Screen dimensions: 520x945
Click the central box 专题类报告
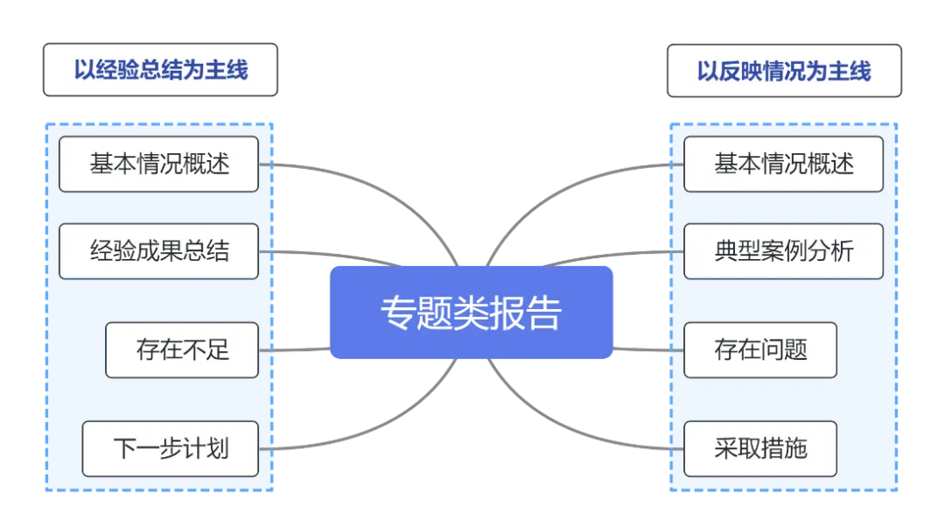click(472, 313)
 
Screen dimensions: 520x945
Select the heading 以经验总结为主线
click(160, 70)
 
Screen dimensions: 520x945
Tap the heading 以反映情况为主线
click(783, 70)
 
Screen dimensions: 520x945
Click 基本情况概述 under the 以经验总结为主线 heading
click(158, 164)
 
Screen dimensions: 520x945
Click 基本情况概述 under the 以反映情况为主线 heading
click(783, 164)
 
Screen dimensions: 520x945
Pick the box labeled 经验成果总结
click(158, 251)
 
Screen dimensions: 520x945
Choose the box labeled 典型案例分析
click(783, 251)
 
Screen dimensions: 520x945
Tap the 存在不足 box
click(182, 350)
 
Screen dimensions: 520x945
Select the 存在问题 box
click(759, 350)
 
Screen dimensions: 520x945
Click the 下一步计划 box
click(170, 449)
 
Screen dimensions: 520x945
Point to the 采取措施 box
click(759, 449)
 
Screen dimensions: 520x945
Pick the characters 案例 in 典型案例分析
click(783, 251)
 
